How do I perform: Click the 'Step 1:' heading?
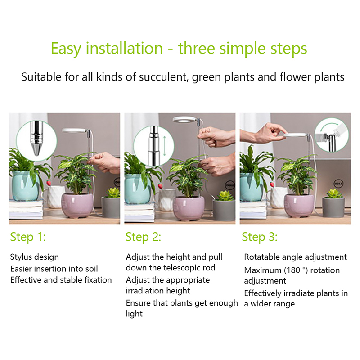(x=28, y=237)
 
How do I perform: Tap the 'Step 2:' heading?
(x=143, y=237)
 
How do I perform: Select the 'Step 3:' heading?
(x=260, y=237)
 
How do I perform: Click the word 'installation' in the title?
(x=124, y=48)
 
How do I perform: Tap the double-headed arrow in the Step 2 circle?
(x=164, y=146)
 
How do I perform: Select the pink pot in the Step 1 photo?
(x=77, y=206)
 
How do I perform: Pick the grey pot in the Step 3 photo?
(x=333, y=207)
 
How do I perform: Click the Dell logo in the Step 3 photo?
(x=338, y=184)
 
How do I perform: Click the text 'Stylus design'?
(x=35, y=257)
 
